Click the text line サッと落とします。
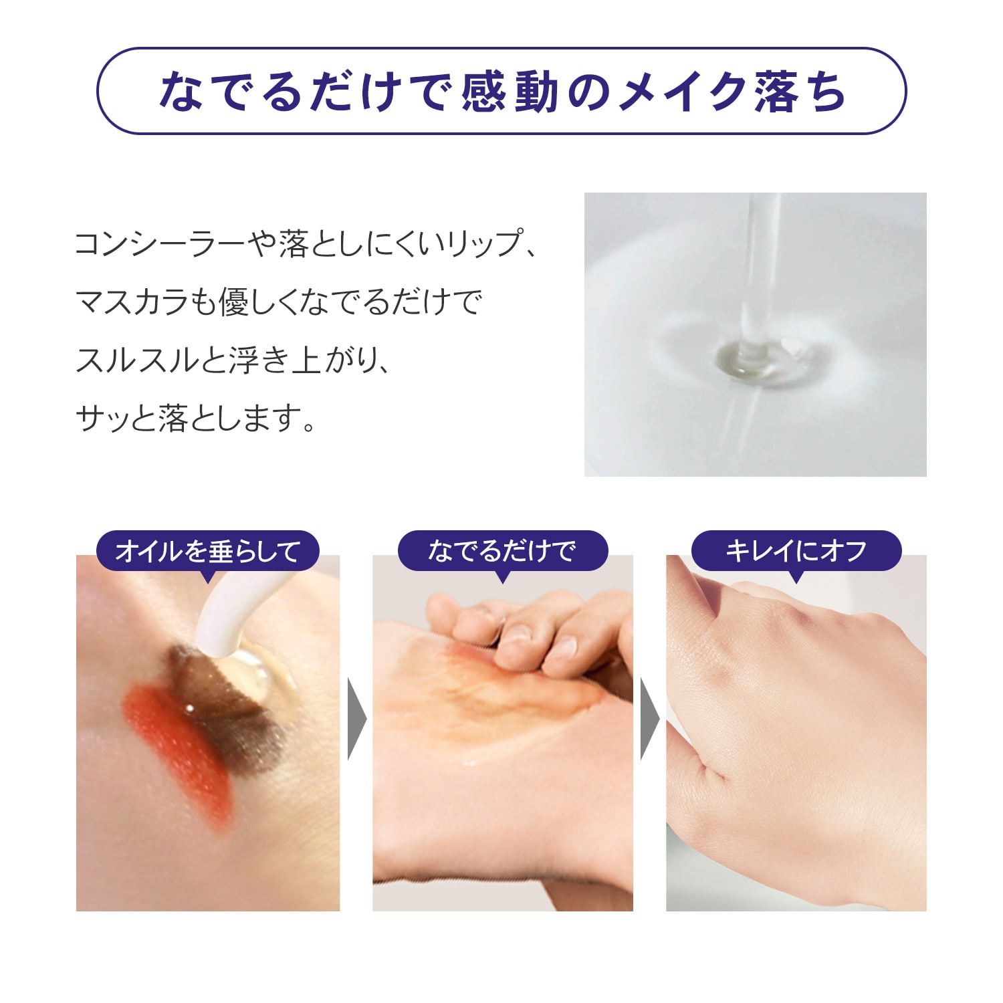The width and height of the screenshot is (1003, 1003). (x=195, y=419)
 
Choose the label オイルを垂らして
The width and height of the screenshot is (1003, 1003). (x=208, y=551)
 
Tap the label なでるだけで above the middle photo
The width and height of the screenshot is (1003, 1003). (x=502, y=551)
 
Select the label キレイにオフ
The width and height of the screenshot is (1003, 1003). (x=796, y=551)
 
